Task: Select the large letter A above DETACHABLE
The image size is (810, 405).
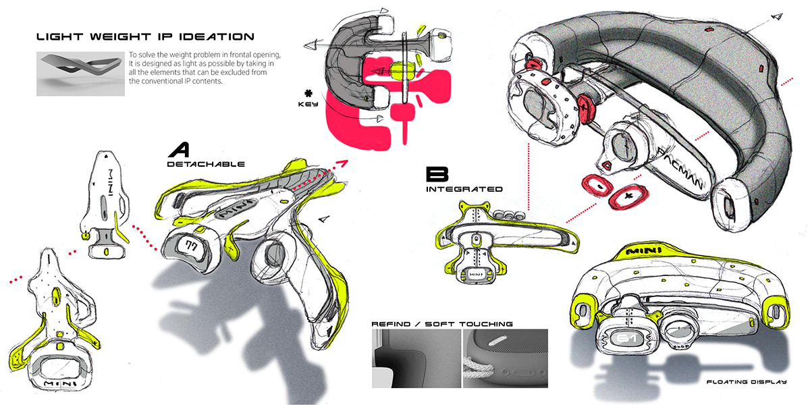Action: coord(180,149)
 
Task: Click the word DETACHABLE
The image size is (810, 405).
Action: coord(205,164)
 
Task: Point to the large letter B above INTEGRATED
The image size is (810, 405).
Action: coord(433,174)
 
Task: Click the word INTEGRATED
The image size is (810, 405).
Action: coord(464,190)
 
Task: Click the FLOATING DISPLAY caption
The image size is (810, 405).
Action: coord(747,383)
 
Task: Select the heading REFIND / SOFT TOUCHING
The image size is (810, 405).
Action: coord(442,324)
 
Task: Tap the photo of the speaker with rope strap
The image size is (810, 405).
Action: coord(504,359)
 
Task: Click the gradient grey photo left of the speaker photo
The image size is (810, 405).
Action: coord(415,359)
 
